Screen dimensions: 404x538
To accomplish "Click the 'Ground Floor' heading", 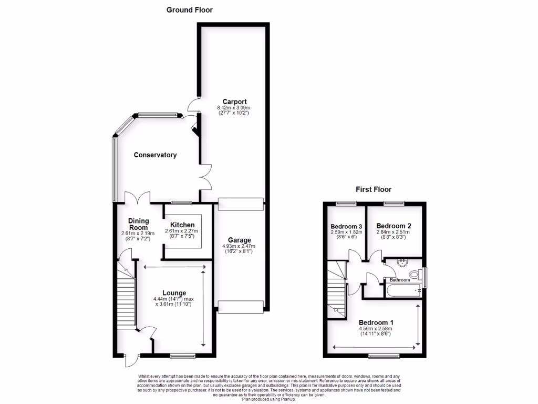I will coord(190,9).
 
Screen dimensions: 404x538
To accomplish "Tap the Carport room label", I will coord(234,102).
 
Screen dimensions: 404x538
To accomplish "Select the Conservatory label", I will coord(155,155).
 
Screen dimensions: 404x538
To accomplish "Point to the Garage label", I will coord(239,240).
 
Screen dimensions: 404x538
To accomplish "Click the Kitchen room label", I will coord(182,225).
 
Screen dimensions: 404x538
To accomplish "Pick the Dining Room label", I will coord(139,225).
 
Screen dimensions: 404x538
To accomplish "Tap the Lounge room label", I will coord(174,293).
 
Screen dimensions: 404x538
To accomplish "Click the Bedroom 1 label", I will coord(376,322).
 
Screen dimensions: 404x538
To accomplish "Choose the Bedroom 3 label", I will coord(344,227).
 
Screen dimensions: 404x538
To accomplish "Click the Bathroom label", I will coord(400,280).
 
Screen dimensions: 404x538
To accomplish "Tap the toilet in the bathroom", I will coord(415,274).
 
